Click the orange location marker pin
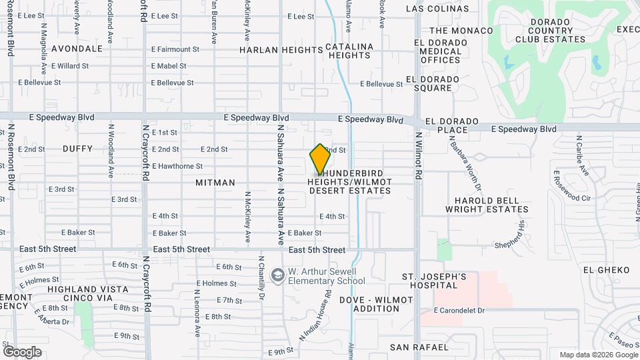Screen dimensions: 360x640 click(x=320, y=159)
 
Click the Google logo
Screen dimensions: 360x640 click(x=22, y=351)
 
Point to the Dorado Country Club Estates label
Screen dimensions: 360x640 click(x=547, y=30)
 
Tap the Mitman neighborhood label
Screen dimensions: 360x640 click(x=215, y=182)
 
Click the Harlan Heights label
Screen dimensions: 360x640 click(x=271, y=50)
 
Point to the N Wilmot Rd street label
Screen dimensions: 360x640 click(x=419, y=155)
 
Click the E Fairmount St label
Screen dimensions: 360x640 click(x=175, y=49)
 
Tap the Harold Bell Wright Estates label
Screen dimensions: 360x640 click(x=491, y=205)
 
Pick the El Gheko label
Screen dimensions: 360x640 click(x=606, y=270)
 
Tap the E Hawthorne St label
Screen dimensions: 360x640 click(x=177, y=166)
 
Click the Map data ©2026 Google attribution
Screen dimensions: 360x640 click(x=598, y=355)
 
